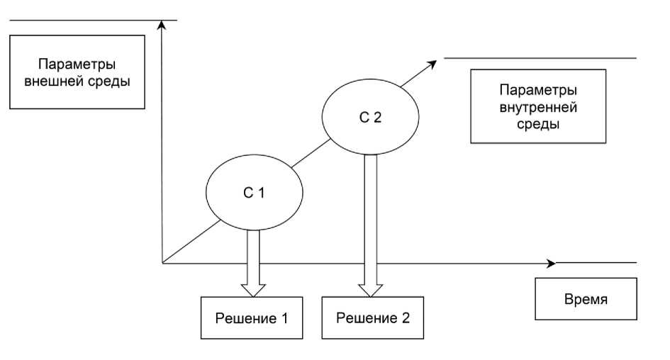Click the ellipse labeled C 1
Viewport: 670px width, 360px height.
coord(254,191)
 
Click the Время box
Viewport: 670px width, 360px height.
coord(585,299)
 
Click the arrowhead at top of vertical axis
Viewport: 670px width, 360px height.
coord(163,26)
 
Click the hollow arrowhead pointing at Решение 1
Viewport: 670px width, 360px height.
coord(252,290)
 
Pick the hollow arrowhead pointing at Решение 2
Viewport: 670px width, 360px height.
coord(368,290)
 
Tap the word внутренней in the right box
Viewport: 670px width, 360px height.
coord(537,108)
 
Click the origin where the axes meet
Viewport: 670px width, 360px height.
coord(163,264)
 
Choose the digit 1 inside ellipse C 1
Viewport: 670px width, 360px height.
coord(262,193)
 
